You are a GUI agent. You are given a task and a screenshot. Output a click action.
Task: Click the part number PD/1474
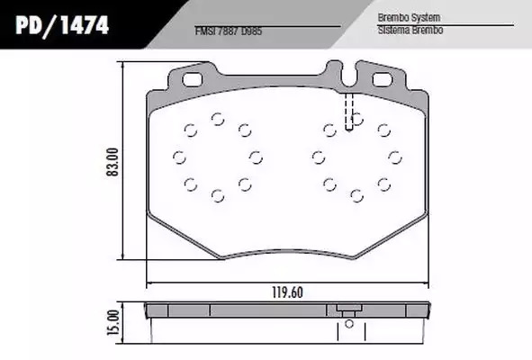coord(62,25)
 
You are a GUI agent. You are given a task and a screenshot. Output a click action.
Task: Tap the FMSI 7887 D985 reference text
coord(229,31)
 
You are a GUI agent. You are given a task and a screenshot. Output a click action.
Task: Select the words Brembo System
coord(409,17)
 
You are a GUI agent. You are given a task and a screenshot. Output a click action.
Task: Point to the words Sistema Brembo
coord(410,31)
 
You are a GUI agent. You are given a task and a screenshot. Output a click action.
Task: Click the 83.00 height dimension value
coord(113,162)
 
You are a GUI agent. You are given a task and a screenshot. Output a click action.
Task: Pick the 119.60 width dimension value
coord(287,292)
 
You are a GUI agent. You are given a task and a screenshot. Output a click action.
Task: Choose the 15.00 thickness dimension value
coord(113,322)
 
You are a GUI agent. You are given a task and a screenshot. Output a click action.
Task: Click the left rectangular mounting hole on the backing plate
coord(193,80)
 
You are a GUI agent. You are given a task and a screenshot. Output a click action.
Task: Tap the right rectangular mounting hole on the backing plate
coord(383,80)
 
